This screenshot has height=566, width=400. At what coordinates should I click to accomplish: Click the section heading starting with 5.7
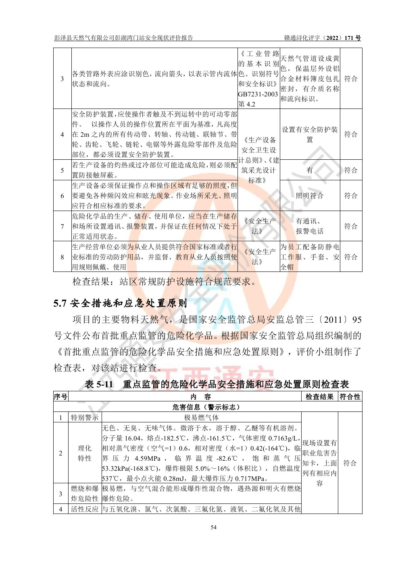pos(120,303)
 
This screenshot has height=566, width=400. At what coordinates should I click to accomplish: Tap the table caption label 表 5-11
pos(99,384)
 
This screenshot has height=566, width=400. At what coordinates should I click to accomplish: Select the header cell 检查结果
pos(319,397)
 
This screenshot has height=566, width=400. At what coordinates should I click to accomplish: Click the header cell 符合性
pos(350,397)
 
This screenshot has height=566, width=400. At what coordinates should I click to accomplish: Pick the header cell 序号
pos(61,397)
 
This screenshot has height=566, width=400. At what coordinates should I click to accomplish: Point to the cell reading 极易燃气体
pos(201,418)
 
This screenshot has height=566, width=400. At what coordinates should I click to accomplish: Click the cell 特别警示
pos(85,418)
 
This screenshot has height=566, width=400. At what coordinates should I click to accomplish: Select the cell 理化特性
pos(85,453)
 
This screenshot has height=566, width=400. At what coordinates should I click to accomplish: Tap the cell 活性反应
pos(85,509)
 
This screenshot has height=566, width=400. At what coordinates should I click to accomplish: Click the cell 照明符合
pos(310,196)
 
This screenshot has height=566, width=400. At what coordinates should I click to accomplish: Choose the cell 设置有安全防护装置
pos(310,134)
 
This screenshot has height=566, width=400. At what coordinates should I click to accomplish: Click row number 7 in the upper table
pos(62,226)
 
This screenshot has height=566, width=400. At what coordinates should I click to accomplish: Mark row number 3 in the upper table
pos(62,79)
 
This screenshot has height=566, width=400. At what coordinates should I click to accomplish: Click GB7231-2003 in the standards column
pos(258,94)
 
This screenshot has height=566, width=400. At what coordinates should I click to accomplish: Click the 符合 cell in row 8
pos(351,257)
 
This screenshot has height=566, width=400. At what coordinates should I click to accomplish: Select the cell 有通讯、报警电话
pos(310,226)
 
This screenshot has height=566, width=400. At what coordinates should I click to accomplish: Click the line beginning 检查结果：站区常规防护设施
pos(164,282)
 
